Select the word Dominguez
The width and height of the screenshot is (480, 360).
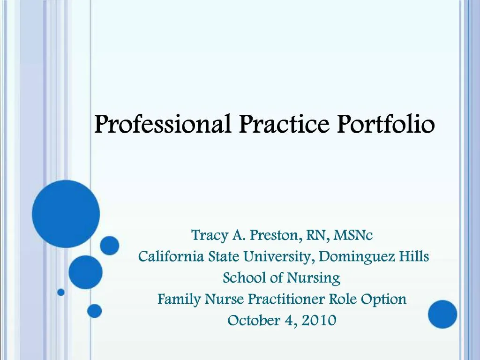pos(360,257)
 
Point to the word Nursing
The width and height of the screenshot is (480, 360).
pos(314,278)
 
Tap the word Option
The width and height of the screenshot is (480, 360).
pos(387,299)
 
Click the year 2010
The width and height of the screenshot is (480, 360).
pos(319,321)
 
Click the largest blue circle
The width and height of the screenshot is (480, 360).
pos(66,214)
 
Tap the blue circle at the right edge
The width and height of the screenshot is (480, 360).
pos(442,314)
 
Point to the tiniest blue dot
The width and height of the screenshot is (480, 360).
pos(61,292)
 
